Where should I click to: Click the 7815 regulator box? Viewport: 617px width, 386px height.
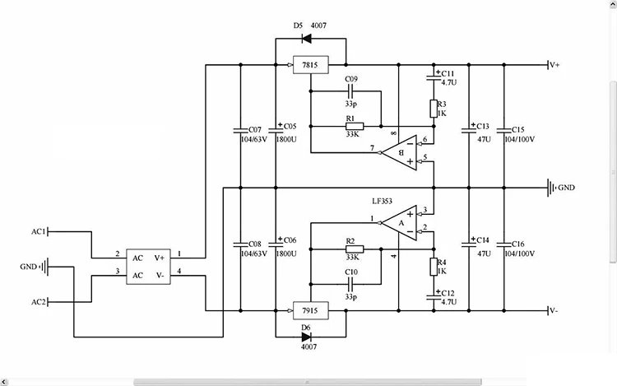(x=310, y=65)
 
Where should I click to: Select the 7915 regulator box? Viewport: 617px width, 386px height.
(x=310, y=311)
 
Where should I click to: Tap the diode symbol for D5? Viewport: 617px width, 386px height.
(x=306, y=39)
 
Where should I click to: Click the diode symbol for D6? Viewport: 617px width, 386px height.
(x=306, y=337)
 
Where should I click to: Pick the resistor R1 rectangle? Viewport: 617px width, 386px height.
(x=355, y=126)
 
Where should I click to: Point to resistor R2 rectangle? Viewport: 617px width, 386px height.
(x=355, y=249)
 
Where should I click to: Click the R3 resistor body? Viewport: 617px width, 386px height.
(x=434, y=109)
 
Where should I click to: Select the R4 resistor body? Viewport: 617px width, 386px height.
(x=434, y=267)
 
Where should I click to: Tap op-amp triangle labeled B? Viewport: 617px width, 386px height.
(x=400, y=152)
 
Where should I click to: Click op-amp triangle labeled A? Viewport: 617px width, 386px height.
(x=400, y=223)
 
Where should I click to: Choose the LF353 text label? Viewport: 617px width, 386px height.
(x=382, y=201)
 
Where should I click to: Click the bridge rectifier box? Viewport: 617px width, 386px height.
(x=148, y=267)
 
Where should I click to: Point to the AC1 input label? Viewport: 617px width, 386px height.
(x=39, y=232)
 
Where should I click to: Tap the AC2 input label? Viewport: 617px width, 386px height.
(x=39, y=302)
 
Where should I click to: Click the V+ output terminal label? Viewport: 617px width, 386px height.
(x=554, y=65)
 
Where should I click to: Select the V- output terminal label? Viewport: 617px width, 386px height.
(x=554, y=311)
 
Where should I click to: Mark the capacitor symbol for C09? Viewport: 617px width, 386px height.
(x=351, y=91)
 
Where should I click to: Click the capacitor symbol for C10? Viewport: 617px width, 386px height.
(x=351, y=284)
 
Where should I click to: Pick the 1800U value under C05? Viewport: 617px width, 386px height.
(x=286, y=139)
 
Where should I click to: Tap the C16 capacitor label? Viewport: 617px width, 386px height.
(x=517, y=244)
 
